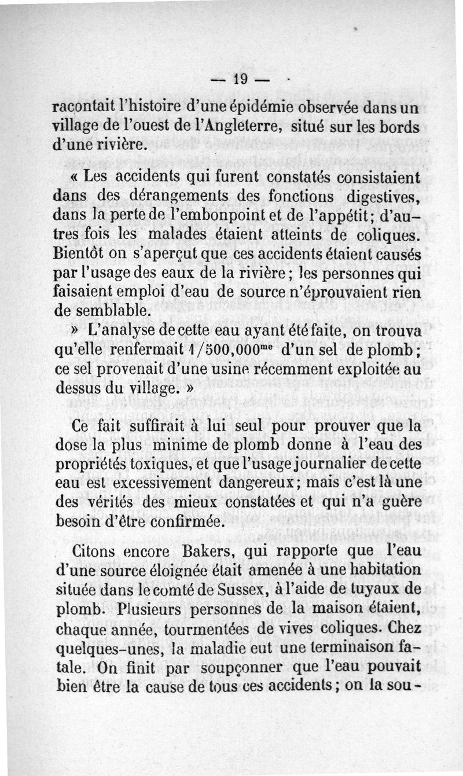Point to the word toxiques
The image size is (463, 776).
coord(160,465)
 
